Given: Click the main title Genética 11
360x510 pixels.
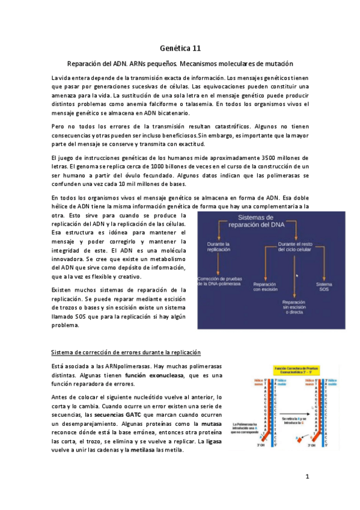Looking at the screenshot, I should coord(180,48).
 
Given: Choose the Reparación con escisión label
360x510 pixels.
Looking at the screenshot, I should coord(264,287).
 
